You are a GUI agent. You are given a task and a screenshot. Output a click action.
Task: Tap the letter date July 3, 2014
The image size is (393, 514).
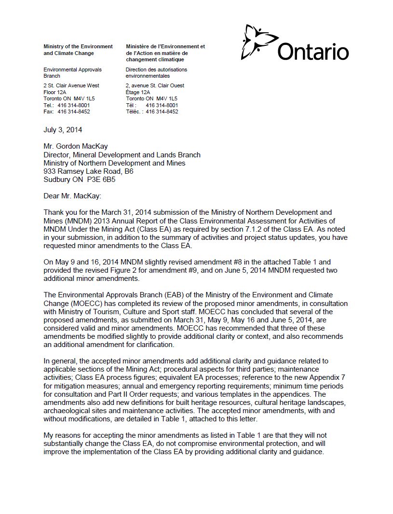pyautogui.click(x=63, y=130)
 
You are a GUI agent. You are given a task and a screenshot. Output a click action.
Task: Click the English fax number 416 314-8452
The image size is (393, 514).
pyautogui.click(x=73, y=111)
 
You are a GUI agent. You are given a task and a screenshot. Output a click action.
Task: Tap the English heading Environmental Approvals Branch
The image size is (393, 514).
pyautogui.click(x=72, y=72)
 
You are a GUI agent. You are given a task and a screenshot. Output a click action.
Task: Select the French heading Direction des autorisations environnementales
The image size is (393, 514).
pyautogui.click(x=156, y=72)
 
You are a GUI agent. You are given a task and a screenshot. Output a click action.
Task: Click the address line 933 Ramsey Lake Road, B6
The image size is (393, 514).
pyautogui.click(x=88, y=171)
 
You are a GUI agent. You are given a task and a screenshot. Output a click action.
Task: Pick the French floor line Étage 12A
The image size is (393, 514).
pyautogui.click(x=138, y=92)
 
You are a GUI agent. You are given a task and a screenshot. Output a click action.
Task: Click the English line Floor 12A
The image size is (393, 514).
pyautogui.click(x=54, y=92)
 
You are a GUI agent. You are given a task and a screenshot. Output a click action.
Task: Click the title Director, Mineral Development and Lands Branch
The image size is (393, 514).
pyautogui.click(x=122, y=155)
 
